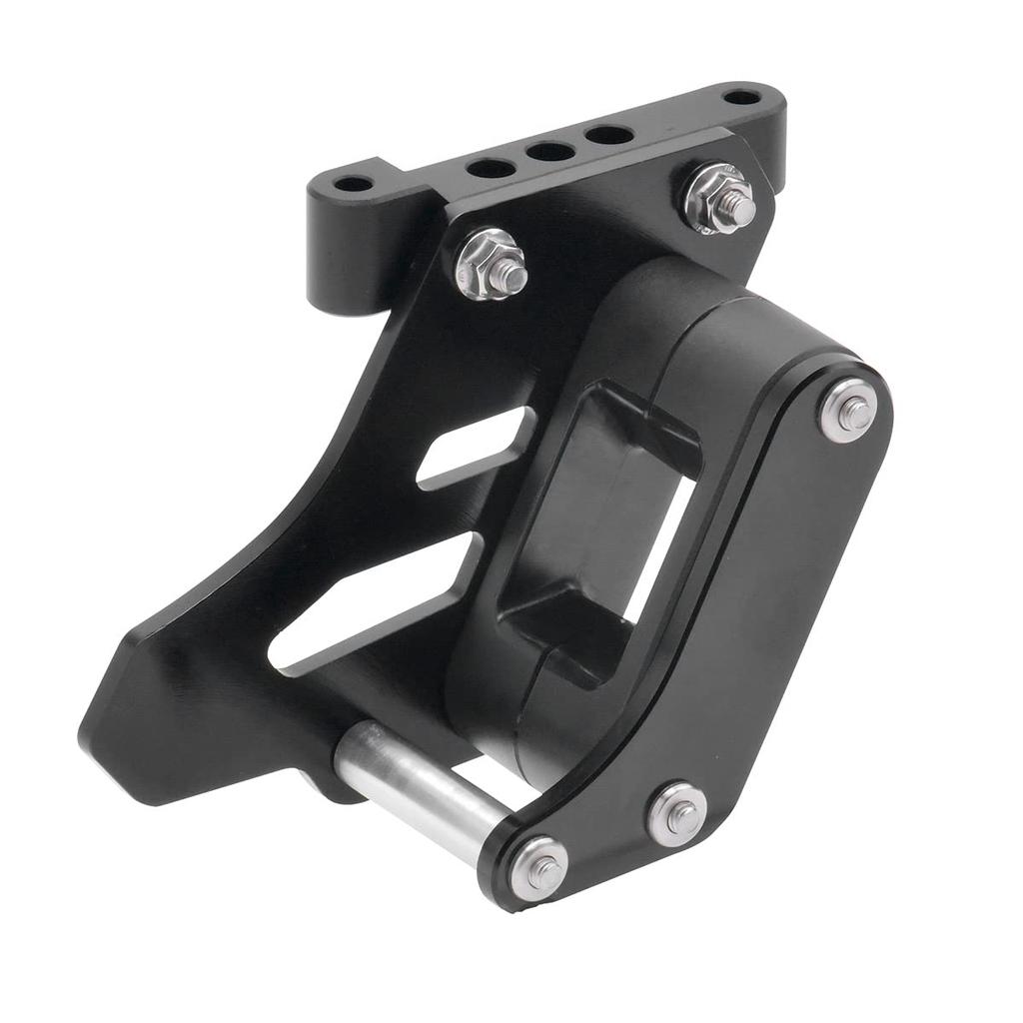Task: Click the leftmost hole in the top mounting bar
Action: coord(353,185)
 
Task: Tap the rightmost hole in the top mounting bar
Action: coord(741,98)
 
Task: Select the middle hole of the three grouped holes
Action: coord(550,152)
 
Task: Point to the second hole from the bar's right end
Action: coord(608,133)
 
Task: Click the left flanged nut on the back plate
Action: coord(492,264)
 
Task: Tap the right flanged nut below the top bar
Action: coord(719,198)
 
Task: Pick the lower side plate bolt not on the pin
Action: coord(678,812)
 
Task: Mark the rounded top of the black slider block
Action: coord(699,300)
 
